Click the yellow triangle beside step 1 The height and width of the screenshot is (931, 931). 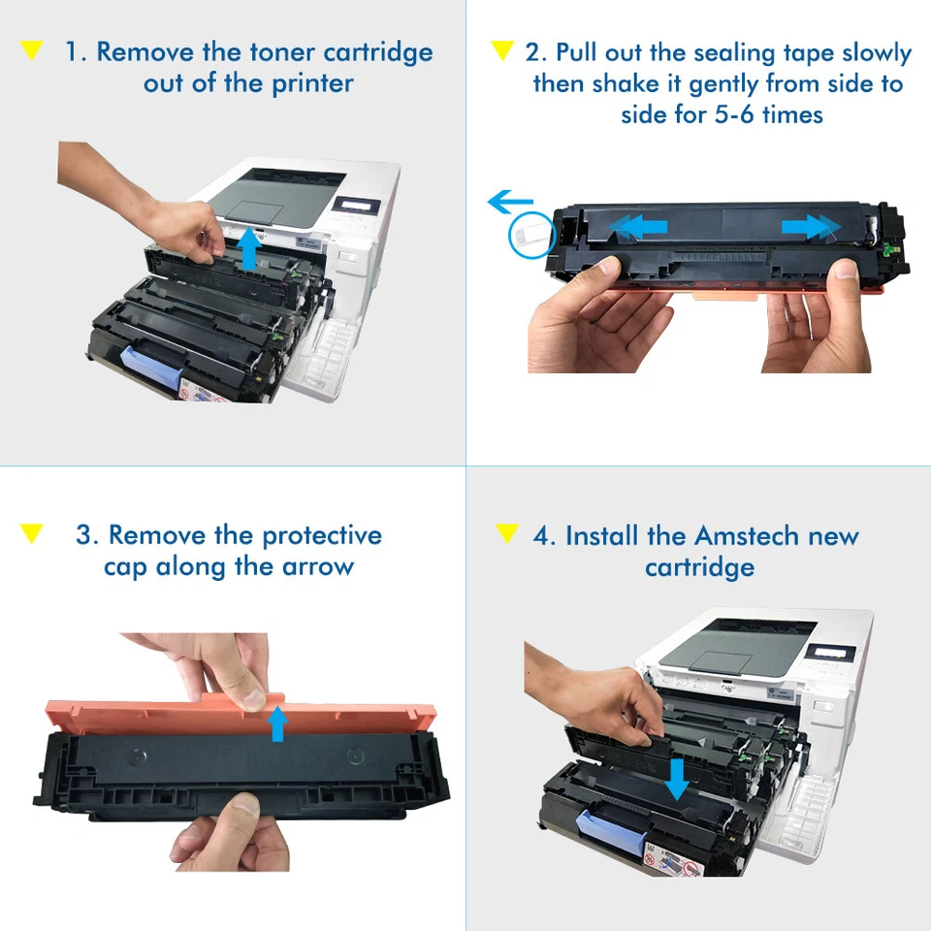[x=32, y=50]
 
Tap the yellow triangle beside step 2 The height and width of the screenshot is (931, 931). [x=501, y=50]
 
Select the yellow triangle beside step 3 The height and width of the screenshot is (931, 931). [x=32, y=533]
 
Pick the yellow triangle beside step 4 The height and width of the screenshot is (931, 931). [x=506, y=533]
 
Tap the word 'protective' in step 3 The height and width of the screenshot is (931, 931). [x=323, y=535]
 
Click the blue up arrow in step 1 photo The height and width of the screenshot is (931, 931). [x=250, y=248]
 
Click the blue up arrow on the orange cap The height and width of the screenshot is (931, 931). [x=278, y=722]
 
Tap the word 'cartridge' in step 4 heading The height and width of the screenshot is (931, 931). [x=699, y=567]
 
